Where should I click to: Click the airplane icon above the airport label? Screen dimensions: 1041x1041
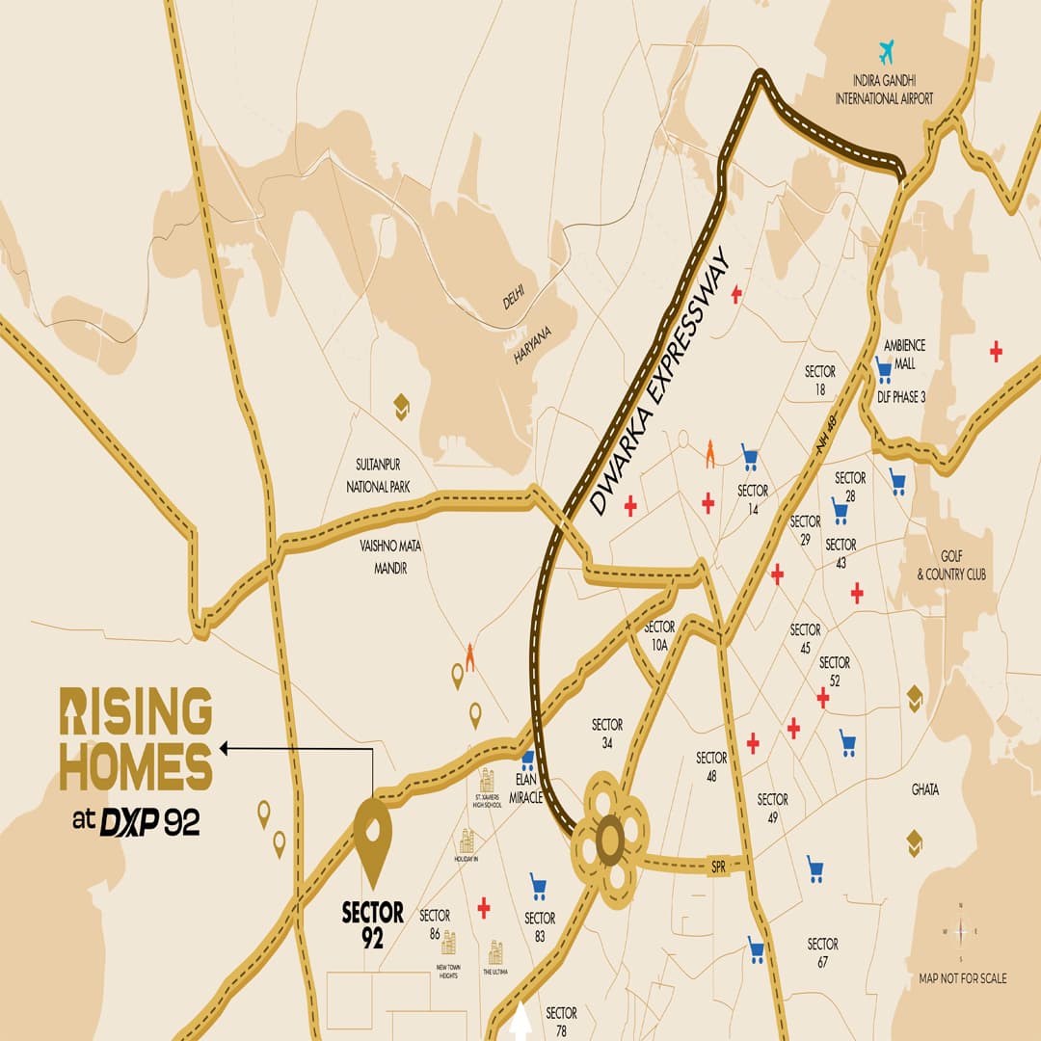point(886,50)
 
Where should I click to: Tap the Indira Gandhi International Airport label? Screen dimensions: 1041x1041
point(886,90)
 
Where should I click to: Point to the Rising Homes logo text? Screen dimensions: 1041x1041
point(136,739)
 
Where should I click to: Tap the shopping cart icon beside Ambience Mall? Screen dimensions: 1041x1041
point(883,369)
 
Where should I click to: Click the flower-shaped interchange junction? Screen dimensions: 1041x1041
point(609,840)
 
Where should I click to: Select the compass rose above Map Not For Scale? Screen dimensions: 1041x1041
point(960,932)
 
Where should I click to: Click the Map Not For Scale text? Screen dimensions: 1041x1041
point(962,977)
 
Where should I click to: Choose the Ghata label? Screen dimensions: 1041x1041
point(924,789)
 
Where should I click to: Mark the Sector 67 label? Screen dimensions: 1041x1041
point(822,951)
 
